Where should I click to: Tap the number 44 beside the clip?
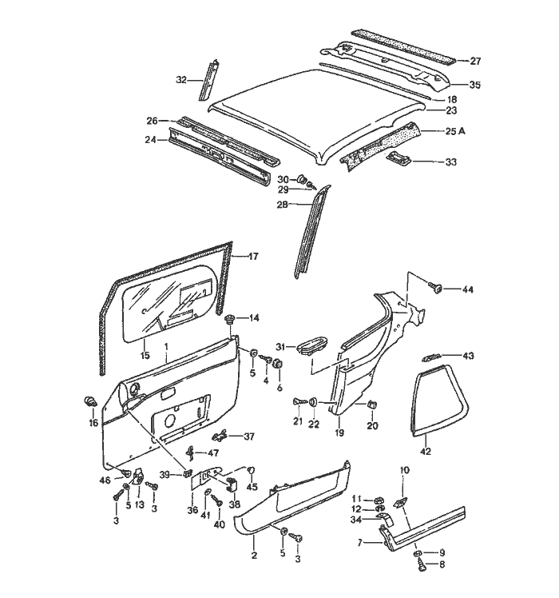pos(466,289)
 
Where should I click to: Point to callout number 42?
pos(425,452)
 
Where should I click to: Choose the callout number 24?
pos(150,139)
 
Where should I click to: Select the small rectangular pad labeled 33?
pos(399,160)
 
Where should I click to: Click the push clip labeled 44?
pos(436,288)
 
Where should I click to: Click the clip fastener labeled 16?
pos(89,399)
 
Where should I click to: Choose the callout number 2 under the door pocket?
pos(255,556)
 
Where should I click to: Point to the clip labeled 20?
pos(372,405)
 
